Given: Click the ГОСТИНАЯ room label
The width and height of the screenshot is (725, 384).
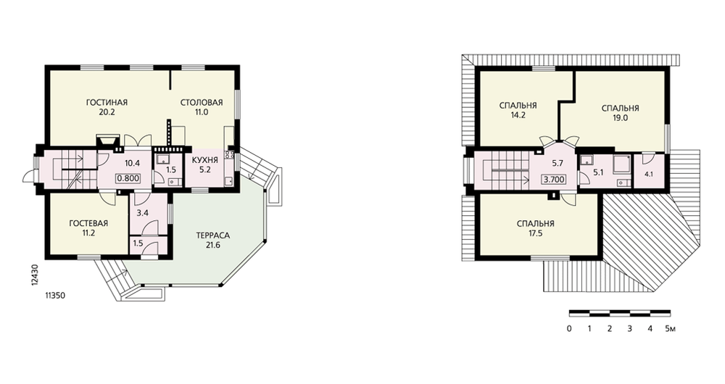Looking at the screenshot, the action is (x=107, y=102).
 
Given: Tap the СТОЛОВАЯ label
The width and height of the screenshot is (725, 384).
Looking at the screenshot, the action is (x=202, y=102).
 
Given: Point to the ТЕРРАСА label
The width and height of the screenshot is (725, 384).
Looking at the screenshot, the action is (x=212, y=235).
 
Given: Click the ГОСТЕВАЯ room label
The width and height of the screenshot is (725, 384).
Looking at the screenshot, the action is (x=88, y=223).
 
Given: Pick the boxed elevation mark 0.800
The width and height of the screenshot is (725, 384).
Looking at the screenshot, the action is (x=129, y=178).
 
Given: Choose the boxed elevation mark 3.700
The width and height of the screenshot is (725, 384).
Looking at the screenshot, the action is (x=553, y=179).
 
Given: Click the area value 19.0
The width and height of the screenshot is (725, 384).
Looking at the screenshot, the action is (x=620, y=118).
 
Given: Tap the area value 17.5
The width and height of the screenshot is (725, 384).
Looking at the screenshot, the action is (x=536, y=233).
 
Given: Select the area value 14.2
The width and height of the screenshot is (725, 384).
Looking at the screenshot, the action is (x=518, y=115).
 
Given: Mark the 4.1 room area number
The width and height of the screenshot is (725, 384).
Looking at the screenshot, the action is (x=649, y=175).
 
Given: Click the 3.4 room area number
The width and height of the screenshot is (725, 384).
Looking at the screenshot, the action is (x=143, y=214).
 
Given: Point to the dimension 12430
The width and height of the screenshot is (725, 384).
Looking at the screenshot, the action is (x=36, y=275).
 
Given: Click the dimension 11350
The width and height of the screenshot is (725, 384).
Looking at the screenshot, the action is (x=55, y=296).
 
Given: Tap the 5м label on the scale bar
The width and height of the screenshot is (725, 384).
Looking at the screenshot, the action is (x=671, y=328).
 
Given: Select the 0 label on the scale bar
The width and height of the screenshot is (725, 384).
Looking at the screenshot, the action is (x=568, y=328).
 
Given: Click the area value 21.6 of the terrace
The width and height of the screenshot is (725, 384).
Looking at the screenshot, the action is (x=212, y=245).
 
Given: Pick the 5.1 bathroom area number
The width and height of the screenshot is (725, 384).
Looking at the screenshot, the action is (x=598, y=173).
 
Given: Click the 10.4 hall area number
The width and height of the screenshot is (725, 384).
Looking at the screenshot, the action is (x=132, y=163).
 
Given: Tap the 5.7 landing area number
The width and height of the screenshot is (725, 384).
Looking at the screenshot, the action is (x=558, y=163).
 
